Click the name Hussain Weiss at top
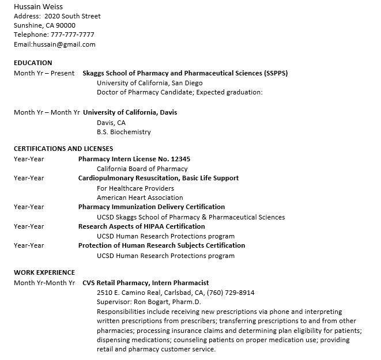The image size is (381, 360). pyautogui.click(x=39, y=7)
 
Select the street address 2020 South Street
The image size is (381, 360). pyautogui.click(x=72, y=16)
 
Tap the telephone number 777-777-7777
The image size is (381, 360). pyautogui.click(x=73, y=35)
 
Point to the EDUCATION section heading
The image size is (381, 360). pyautogui.click(x=33, y=63)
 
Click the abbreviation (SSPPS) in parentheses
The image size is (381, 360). pyautogui.click(x=276, y=73)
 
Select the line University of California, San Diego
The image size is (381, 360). pyautogui.click(x=149, y=83)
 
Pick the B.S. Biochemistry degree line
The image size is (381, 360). pyautogui.click(x=123, y=132)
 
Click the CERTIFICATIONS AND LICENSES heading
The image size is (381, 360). pyautogui.click(x=63, y=149)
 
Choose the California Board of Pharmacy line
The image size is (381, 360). pyautogui.click(x=142, y=169)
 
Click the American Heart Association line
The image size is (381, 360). pyautogui.click(x=139, y=198)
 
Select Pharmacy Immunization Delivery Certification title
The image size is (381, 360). pyautogui.click(x=152, y=207)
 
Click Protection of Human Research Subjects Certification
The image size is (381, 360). pyautogui.click(x=161, y=245)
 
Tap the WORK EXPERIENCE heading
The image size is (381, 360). pyautogui.click(x=44, y=272)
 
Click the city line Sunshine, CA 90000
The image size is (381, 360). pyautogui.click(x=44, y=25)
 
